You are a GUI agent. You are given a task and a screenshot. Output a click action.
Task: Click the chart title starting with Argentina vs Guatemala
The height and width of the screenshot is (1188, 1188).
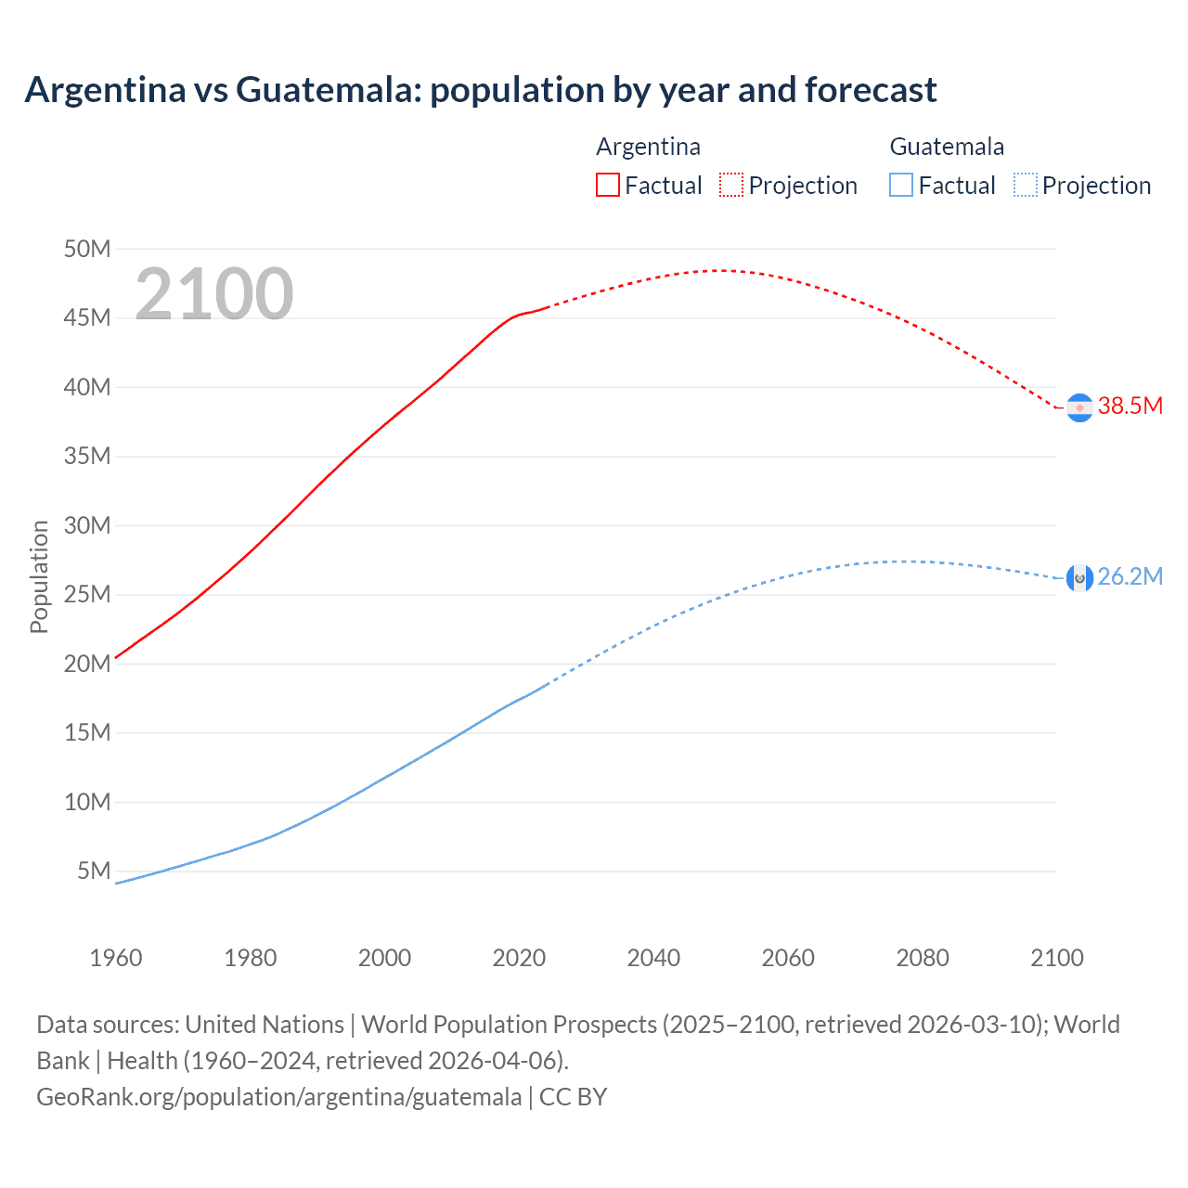pyautogui.click(x=480, y=90)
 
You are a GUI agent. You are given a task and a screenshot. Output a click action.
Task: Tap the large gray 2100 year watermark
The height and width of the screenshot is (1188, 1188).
pyautogui.click(x=214, y=294)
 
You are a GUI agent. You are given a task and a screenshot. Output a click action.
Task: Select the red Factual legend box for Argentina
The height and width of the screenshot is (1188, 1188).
pyautogui.click(x=607, y=185)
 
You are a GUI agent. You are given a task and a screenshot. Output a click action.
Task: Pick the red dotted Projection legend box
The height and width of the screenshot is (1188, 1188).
pyautogui.click(x=731, y=185)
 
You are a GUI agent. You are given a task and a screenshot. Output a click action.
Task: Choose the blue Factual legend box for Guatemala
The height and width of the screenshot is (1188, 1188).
pyautogui.click(x=900, y=185)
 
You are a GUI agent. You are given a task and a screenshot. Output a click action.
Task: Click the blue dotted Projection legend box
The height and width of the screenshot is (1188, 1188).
pyautogui.click(x=1025, y=185)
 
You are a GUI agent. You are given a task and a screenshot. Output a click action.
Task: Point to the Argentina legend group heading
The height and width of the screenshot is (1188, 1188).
pyautogui.click(x=648, y=147)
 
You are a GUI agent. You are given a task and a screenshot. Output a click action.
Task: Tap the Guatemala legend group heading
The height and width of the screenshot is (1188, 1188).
pyautogui.click(x=947, y=147)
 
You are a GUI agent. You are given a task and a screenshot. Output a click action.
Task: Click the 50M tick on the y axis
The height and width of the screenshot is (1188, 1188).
pyautogui.click(x=87, y=249)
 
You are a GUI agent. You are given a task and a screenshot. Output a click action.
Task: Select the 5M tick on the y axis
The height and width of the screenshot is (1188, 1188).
pyautogui.click(x=94, y=871)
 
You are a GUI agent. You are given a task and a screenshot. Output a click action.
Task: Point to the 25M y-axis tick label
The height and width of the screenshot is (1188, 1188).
pyautogui.click(x=87, y=594)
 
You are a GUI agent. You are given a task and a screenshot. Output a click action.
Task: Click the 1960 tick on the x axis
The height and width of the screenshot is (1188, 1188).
pyautogui.click(x=116, y=958)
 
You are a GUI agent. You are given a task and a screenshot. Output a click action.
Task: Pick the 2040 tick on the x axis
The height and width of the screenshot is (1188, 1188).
pyautogui.click(x=653, y=958)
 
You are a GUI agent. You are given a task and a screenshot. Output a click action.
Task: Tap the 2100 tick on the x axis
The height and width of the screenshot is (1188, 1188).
pyautogui.click(x=1056, y=958)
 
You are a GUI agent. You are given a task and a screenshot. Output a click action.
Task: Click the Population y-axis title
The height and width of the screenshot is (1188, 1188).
pyautogui.click(x=39, y=576)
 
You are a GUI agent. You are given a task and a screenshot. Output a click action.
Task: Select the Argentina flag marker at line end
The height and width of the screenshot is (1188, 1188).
pyautogui.click(x=1079, y=407)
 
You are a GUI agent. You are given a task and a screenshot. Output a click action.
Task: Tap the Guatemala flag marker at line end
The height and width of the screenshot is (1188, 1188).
pyautogui.click(x=1079, y=578)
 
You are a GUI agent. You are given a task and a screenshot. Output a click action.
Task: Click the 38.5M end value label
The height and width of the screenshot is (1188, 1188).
pyautogui.click(x=1130, y=406)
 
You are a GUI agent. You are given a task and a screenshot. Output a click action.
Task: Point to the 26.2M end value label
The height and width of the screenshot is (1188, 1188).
pyautogui.click(x=1130, y=576)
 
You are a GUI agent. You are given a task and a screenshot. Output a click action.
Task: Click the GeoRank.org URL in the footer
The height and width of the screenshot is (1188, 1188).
pyautogui.click(x=278, y=1097)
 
